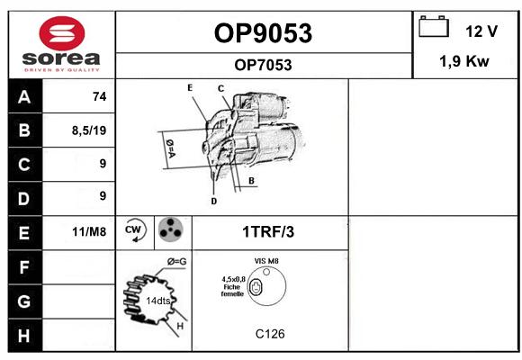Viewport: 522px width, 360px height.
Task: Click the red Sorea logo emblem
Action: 61,33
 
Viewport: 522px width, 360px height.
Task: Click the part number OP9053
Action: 263,33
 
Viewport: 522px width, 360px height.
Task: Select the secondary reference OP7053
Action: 263,65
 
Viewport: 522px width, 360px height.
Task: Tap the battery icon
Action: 434,26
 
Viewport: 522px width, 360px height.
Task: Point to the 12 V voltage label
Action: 481,31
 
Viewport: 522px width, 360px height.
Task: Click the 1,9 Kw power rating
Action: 464,61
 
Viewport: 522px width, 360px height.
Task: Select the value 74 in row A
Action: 100,96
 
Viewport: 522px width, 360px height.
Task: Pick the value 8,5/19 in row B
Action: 89,130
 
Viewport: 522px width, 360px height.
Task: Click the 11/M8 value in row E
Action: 89,231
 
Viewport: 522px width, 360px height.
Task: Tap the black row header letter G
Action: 24,301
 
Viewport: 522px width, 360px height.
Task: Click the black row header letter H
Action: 24,336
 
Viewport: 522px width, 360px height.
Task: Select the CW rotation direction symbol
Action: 135,229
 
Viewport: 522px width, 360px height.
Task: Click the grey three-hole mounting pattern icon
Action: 171,229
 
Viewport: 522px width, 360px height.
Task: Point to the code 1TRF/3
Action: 268,232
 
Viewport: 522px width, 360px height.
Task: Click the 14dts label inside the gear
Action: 158,301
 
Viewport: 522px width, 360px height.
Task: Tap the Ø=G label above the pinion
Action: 176,262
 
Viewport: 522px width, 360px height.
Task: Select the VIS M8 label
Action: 266,261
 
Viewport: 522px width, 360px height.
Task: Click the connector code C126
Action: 270,334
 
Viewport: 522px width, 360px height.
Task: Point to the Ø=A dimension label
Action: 170,148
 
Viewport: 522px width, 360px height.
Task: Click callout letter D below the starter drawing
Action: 213,201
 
